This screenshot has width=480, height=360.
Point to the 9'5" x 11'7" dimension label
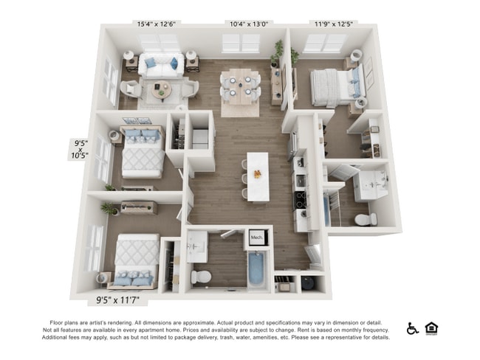[x=121, y=300]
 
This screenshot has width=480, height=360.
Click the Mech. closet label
[x=257, y=238]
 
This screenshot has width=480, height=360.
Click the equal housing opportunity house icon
[x=431, y=328]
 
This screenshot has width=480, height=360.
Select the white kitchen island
[x=258, y=176]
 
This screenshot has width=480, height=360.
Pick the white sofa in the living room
[x=162, y=65]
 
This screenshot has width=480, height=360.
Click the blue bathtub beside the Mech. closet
[x=257, y=269]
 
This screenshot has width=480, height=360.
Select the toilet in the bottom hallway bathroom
[x=201, y=277]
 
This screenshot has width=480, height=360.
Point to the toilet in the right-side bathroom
[x=366, y=219]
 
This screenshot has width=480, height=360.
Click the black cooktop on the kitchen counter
[x=301, y=199]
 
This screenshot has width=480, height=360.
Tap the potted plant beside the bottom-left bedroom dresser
[x=110, y=210]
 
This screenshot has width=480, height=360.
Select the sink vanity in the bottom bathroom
[x=196, y=246]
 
